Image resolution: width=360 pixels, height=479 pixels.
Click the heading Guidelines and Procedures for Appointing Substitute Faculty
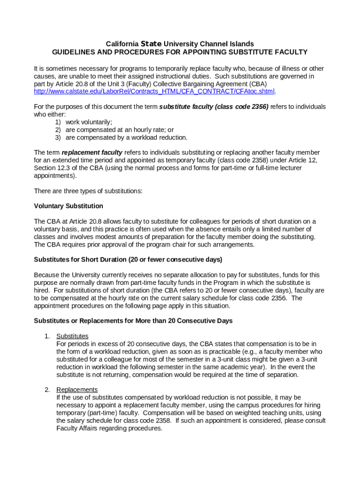180,52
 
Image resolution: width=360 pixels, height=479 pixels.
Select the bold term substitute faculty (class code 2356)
214,107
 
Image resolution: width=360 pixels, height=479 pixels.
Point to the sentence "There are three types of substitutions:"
88,191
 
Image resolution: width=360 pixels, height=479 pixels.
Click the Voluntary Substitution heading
69,206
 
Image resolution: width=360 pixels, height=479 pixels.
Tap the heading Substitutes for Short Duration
128,260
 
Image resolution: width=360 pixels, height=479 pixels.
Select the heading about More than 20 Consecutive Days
133,321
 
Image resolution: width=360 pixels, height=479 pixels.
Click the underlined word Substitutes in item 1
72,336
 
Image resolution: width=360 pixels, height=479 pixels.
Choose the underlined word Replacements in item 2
77,390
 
